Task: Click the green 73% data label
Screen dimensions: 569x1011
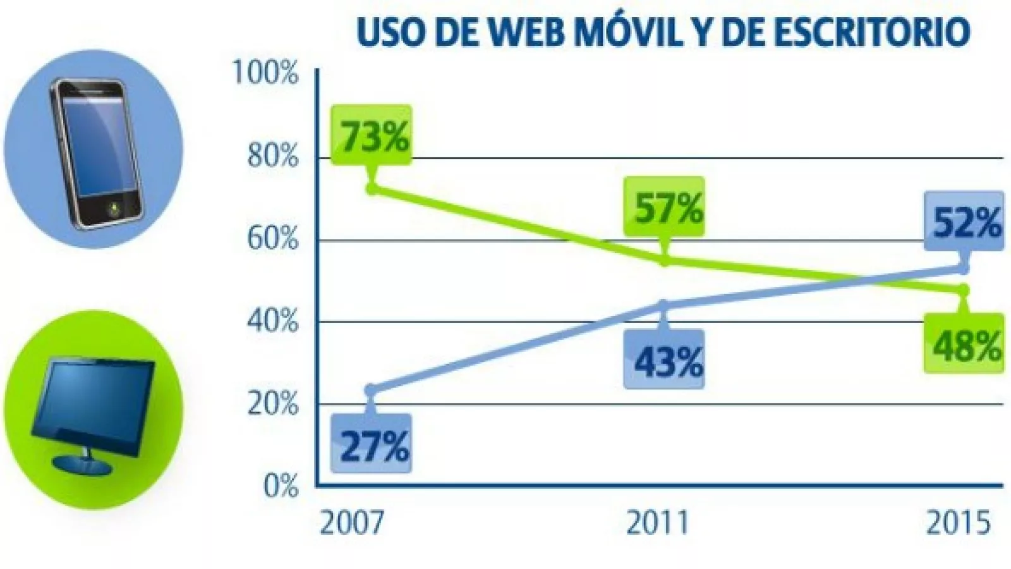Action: pyautogui.click(x=373, y=136)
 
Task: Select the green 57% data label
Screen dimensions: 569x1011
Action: pyautogui.click(x=665, y=207)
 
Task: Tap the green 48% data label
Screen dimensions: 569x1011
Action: pyautogui.click(x=964, y=345)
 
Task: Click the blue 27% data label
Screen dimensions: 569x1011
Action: pyautogui.click(x=373, y=444)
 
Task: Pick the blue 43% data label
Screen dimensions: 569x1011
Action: pyautogui.click(x=665, y=361)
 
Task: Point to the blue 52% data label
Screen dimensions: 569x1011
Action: pyautogui.click(x=964, y=222)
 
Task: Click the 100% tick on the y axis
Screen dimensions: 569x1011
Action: pyautogui.click(x=265, y=73)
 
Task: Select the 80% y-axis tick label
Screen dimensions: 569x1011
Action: pyautogui.click(x=272, y=156)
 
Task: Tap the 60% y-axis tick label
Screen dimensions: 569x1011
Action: pyautogui.click(x=272, y=239)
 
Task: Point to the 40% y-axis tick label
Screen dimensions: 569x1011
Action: pyautogui.click(x=272, y=321)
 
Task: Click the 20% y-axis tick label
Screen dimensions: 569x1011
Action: pyautogui.click(x=272, y=403)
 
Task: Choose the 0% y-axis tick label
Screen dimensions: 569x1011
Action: pyautogui.click(x=281, y=486)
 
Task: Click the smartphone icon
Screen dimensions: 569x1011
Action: pyautogui.click(x=95, y=152)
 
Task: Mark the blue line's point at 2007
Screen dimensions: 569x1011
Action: pyautogui.click(x=372, y=391)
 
